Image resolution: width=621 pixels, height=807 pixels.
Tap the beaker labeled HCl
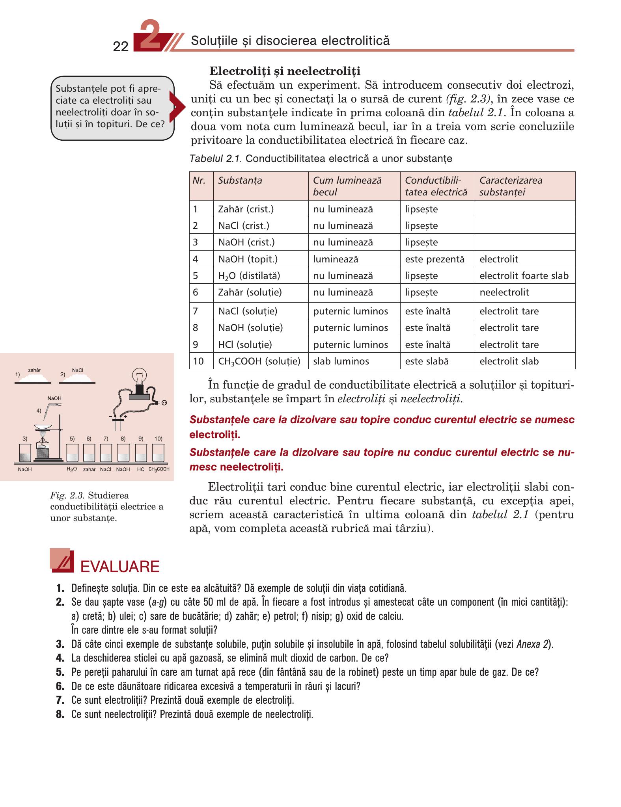pos(141,453)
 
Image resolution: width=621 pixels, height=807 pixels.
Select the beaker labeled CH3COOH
pos(158,453)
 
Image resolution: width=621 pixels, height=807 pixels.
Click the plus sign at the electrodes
pos(125,416)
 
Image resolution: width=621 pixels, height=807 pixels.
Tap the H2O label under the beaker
pos(71,469)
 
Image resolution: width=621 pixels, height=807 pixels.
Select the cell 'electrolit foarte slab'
pos(524,275)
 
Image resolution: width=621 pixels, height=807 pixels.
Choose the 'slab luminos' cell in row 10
pos(341,361)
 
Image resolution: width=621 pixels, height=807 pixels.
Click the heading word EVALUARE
pos(119,567)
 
